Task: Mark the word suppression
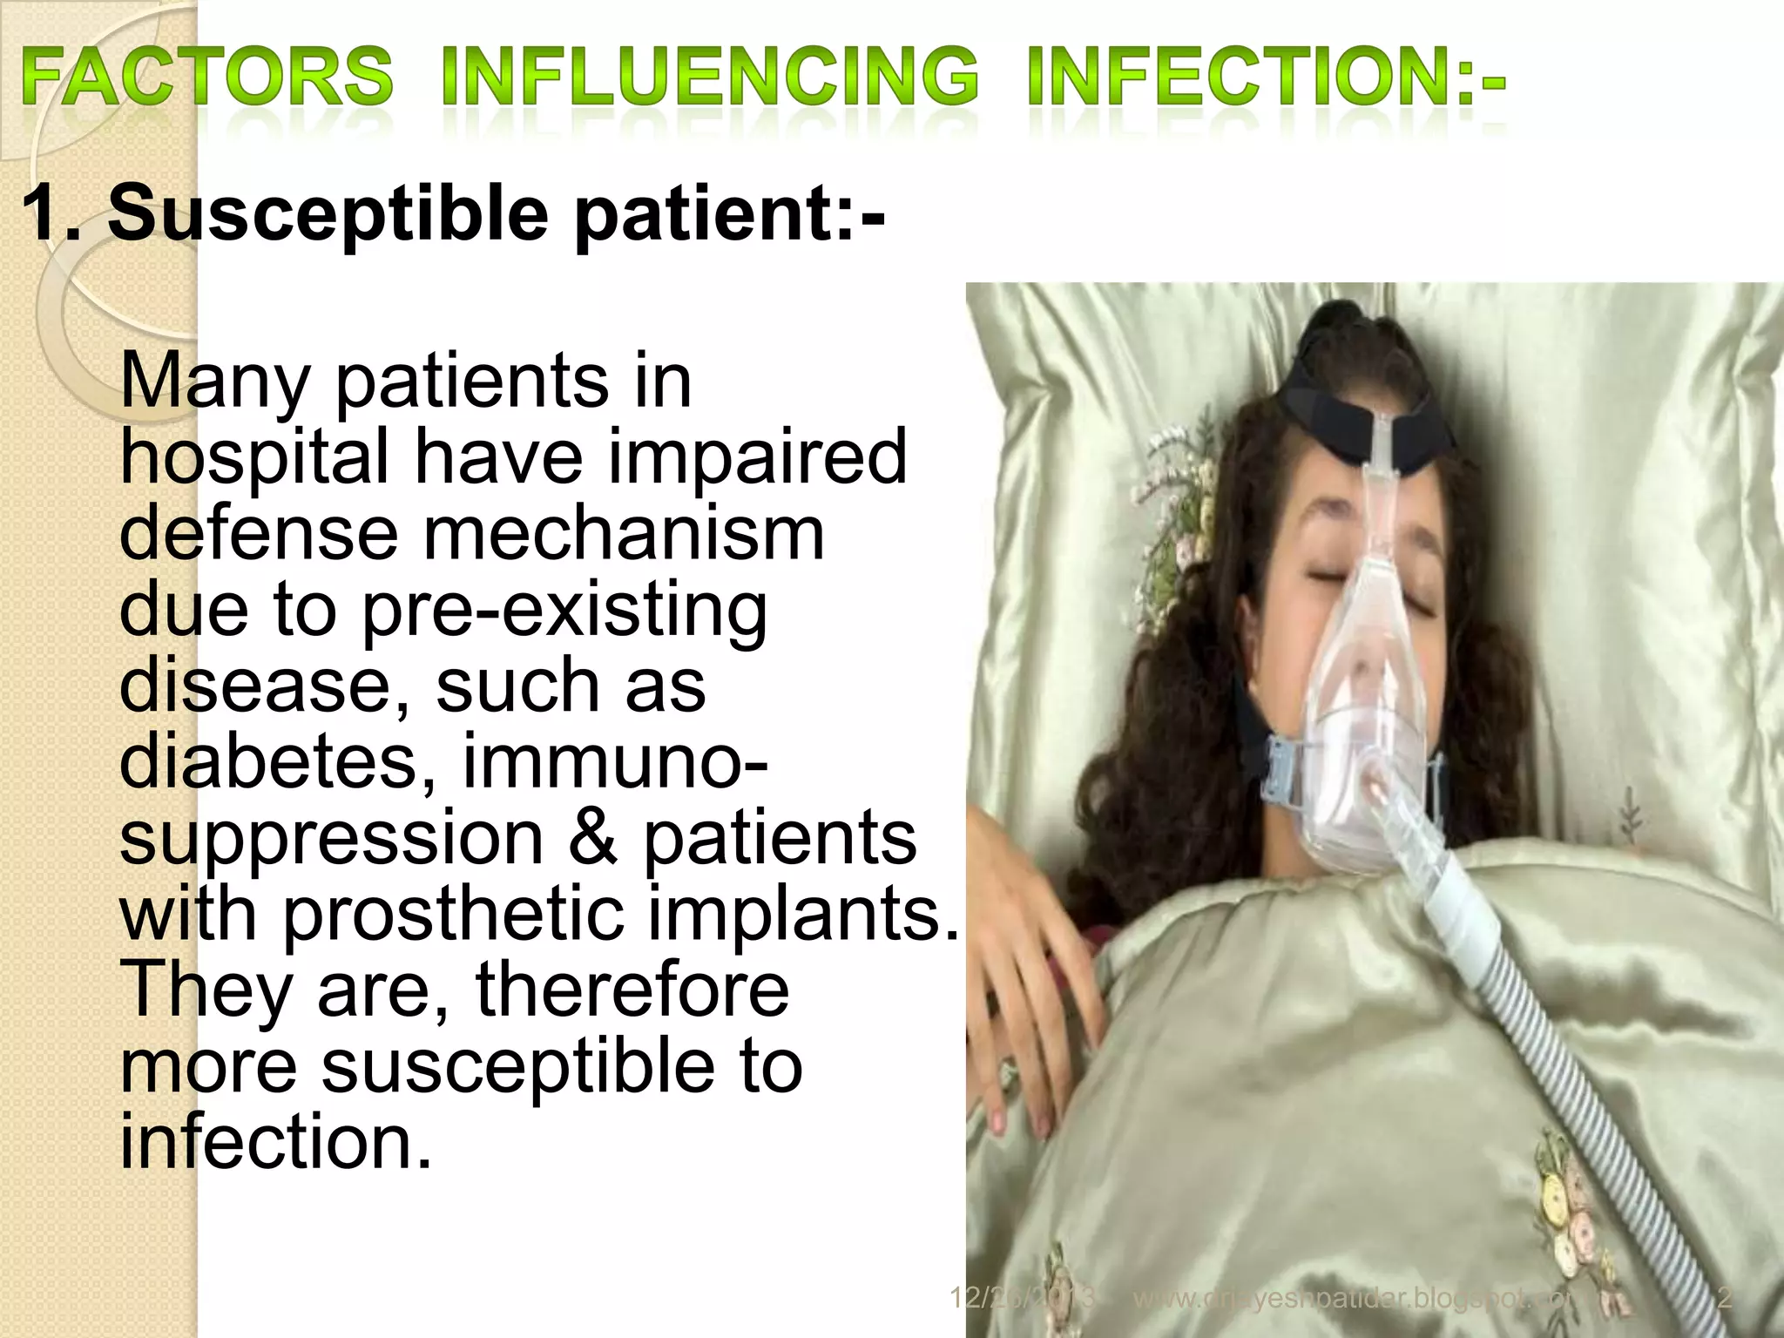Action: pyautogui.click(x=331, y=839)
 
